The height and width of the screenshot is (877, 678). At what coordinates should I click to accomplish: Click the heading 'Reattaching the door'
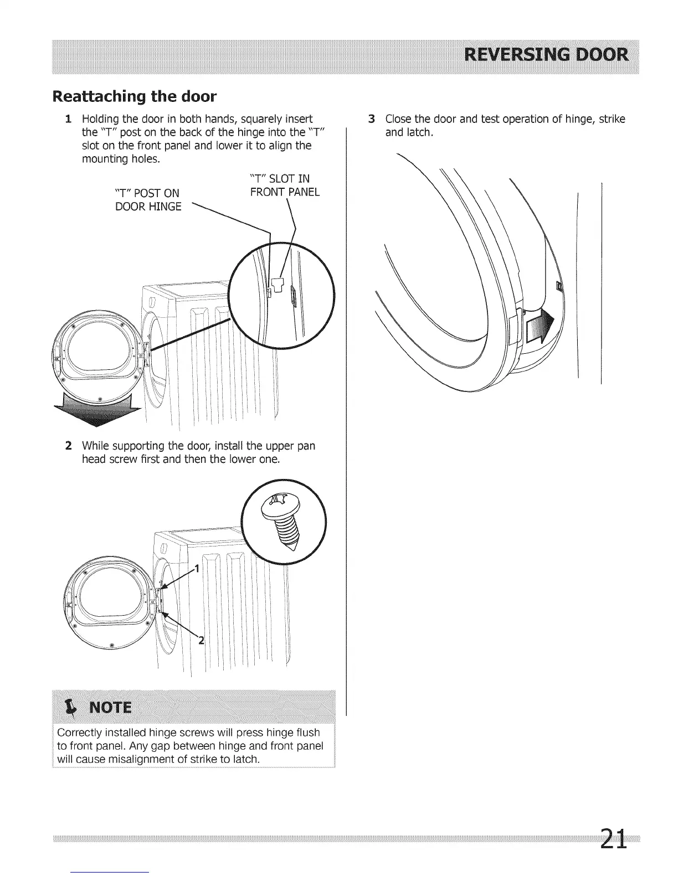pos(133,96)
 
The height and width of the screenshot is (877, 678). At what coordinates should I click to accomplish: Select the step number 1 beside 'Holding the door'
pos(68,119)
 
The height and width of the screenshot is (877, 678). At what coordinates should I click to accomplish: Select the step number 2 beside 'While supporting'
pos(68,446)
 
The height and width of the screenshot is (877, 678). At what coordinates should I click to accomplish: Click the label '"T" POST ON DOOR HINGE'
pos(147,199)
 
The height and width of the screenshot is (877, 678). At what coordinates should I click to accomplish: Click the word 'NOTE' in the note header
pos(111,708)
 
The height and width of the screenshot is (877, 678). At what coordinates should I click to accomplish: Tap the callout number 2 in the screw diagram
pos(201,641)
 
